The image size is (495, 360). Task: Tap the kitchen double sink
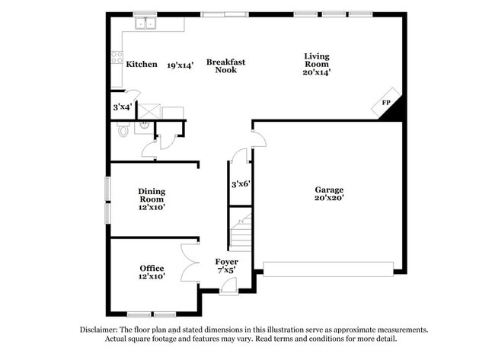coord(145,24)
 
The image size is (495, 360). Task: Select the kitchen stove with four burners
coord(117,56)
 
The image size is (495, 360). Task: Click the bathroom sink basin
coord(142,126)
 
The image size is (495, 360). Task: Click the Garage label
coord(330,190)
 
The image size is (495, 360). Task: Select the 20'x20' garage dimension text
coord(330,198)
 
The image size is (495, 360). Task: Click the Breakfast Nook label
coord(225,65)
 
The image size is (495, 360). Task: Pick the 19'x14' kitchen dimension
coord(180,65)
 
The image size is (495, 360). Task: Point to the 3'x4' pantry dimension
coord(122,107)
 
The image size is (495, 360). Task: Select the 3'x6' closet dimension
coord(241,184)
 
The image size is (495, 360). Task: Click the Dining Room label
coord(152,196)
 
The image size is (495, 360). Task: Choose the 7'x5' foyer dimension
coord(226,269)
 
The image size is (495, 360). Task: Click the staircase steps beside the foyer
coord(241,233)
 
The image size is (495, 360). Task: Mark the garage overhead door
coord(328,269)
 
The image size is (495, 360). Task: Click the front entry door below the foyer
coord(228,287)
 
